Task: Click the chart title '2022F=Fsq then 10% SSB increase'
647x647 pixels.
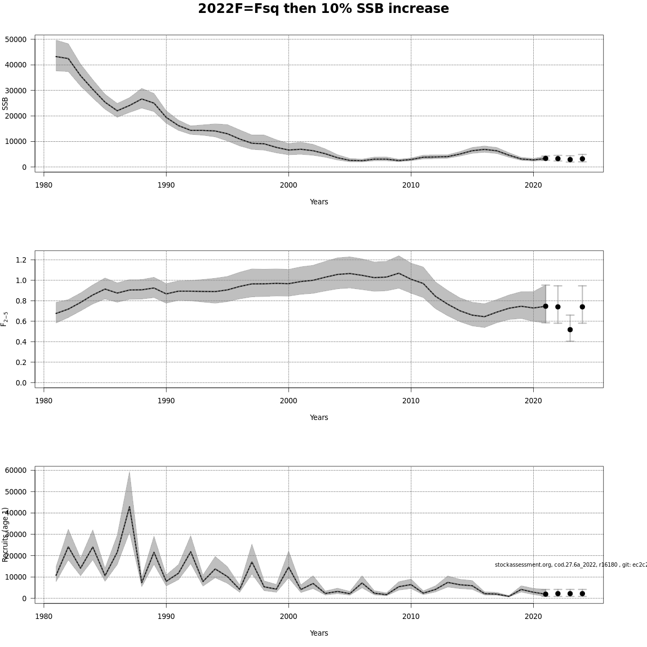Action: [323, 9]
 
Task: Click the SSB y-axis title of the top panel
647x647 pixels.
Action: [5, 104]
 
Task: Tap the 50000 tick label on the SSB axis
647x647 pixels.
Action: [16, 39]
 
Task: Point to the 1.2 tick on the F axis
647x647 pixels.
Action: [21, 260]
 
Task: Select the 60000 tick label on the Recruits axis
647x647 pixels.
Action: [16, 470]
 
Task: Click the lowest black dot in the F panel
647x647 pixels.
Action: [570, 329]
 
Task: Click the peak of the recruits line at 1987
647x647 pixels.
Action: [129, 507]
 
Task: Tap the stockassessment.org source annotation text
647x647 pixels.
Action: [570, 565]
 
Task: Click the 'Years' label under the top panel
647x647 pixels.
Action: [319, 202]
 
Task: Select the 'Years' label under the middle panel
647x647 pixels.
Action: [319, 417]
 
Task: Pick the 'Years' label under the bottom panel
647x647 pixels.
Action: [319, 633]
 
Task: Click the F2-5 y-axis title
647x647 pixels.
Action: [5, 319]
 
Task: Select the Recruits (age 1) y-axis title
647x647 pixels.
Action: [5, 534]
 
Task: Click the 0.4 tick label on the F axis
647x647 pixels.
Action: [21, 342]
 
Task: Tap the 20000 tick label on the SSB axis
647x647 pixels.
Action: [16, 116]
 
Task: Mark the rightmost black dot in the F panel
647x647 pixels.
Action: [582, 307]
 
